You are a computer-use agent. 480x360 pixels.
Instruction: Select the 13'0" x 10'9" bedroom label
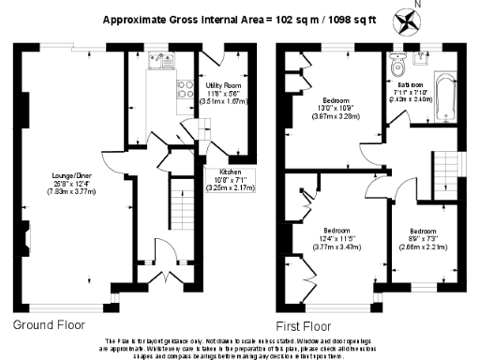[337, 104]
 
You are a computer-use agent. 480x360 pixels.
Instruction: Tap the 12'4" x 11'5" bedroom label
[337, 235]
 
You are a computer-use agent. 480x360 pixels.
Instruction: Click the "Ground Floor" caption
[50, 325]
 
